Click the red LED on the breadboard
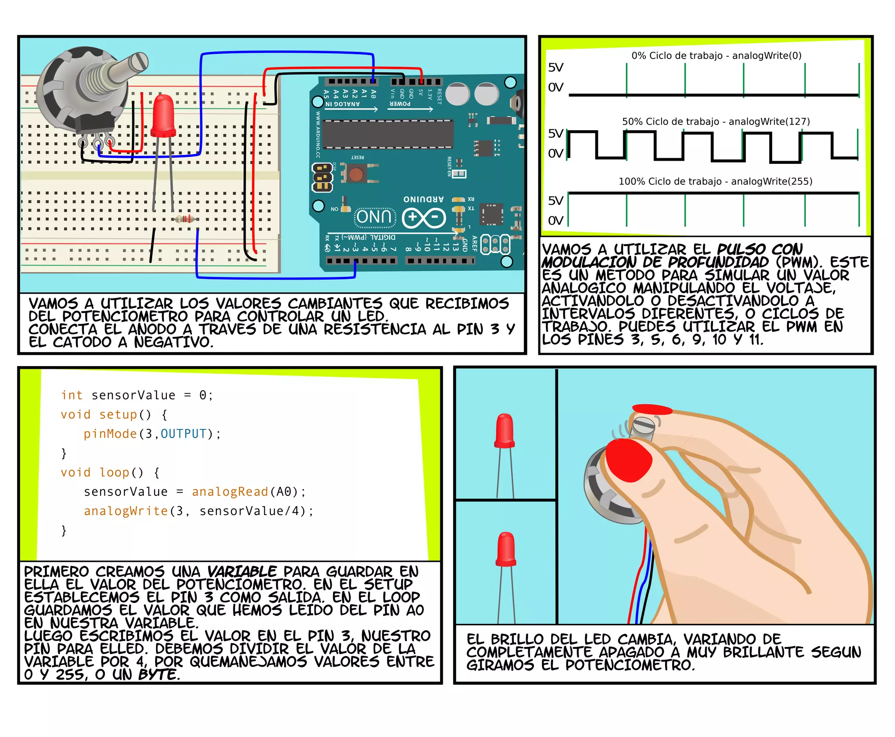pyautogui.click(x=163, y=116)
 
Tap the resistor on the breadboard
pyautogui.click(x=185, y=219)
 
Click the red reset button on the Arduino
pyautogui.click(x=356, y=174)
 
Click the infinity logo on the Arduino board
pyautogui.click(x=423, y=218)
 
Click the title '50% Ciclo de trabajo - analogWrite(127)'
pyautogui.click(x=715, y=121)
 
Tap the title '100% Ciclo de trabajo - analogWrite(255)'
pyautogui.click(x=715, y=181)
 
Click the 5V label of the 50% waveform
pyautogui.click(x=555, y=134)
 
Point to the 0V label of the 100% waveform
pyautogui.click(x=555, y=221)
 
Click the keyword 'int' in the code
pyautogui.click(x=72, y=395)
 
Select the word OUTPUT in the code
pyautogui.click(x=183, y=434)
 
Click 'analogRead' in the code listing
pyautogui.click(x=229, y=492)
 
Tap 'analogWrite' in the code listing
pyautogui.click(x=125, y=511)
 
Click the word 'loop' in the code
pyautogui.click(x=114, y=473)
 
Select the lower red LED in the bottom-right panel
pyautogui.click(x=506, y=550)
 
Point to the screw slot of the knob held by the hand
pyautogui.click(x=644, y=422)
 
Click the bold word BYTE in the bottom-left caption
pyautogui.click(x=158, y=675)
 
